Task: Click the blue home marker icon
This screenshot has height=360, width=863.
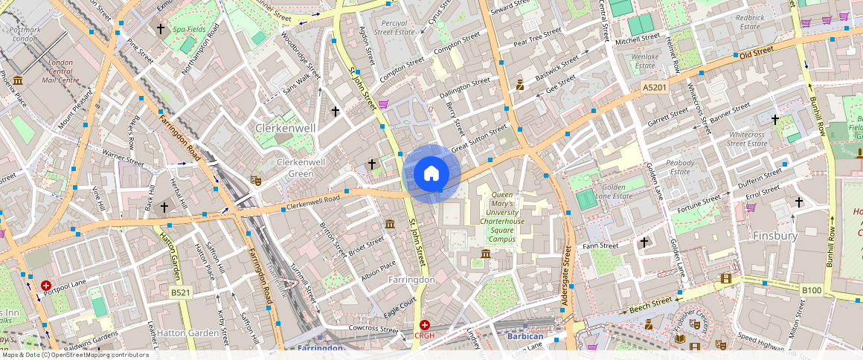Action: [431, 174]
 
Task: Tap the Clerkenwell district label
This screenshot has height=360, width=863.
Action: [285, 128]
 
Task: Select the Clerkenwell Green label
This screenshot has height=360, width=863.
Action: [301, 167]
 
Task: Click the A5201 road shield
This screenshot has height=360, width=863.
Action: [654, 88]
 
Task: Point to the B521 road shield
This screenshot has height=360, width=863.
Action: [180, 292]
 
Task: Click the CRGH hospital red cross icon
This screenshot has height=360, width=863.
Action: [424, 325]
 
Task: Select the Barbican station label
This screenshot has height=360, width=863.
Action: [525, 336]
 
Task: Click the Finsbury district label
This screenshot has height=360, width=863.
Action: [774, 236]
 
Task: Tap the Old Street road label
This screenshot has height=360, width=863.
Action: [756, 51]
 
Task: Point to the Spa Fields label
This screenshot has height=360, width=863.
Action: [189, 29]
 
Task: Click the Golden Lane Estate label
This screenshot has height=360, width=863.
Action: [613, 192]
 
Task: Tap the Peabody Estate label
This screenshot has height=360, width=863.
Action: [680, 167]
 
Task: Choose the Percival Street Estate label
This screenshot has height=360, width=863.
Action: [393, 28]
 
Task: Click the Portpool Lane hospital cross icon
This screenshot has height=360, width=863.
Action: [46, 286]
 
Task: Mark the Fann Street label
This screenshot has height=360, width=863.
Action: [600, 245]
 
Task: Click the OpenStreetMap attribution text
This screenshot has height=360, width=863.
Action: [74, 355]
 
